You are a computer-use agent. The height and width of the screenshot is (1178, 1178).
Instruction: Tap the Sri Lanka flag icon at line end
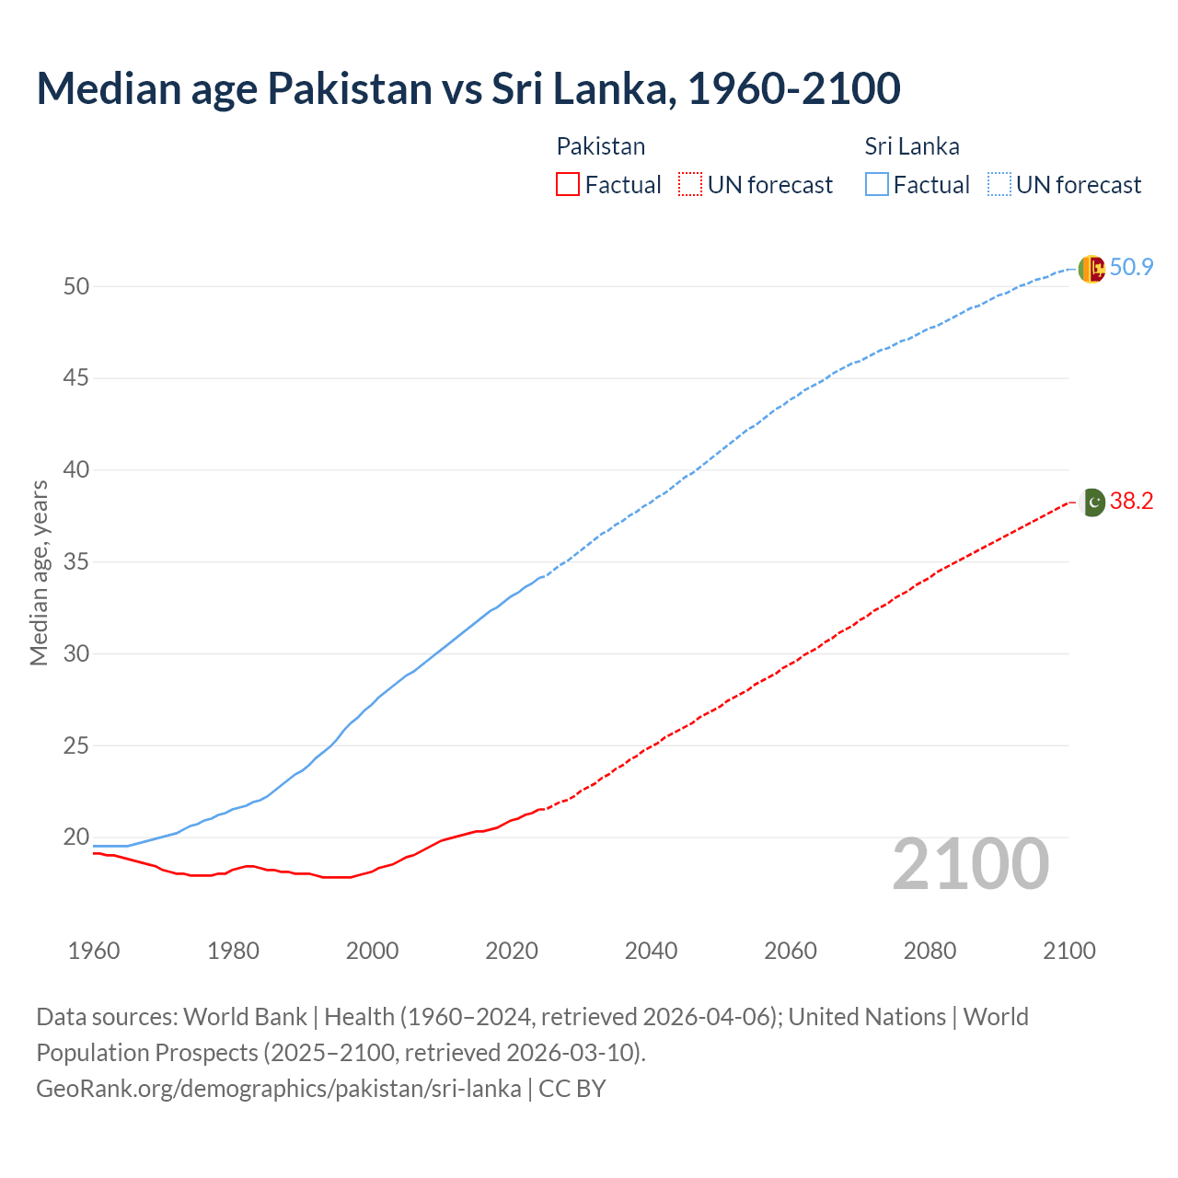1091,269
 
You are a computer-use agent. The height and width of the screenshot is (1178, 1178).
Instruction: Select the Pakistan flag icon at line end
1091,502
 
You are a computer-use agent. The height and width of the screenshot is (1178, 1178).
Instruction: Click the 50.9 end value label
1131,268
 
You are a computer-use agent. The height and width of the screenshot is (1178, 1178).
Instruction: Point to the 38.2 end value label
1131,502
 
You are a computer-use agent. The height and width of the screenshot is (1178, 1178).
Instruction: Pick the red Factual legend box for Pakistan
568,185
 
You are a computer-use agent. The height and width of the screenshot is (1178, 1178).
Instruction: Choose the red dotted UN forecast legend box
690,185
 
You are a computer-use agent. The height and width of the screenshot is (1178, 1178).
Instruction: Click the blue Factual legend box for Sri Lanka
877,185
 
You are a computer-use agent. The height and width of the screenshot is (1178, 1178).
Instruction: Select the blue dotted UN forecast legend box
999,185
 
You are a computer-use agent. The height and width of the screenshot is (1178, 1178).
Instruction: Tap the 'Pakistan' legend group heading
601,146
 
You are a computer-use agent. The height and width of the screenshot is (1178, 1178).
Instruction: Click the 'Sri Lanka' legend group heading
912,146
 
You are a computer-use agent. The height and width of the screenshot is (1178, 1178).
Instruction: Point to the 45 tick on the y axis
76,378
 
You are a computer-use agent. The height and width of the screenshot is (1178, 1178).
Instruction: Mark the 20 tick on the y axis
76,837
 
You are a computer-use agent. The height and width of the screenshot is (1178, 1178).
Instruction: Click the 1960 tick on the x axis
94,951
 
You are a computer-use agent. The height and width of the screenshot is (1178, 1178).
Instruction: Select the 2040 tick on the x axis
651,951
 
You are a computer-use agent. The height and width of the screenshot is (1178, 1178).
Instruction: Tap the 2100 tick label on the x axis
1069,951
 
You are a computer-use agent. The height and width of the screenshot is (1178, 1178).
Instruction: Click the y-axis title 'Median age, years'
39,572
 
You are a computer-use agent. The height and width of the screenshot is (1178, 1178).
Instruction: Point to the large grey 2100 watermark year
971,864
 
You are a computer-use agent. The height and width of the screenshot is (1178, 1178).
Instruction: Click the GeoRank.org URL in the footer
278,1089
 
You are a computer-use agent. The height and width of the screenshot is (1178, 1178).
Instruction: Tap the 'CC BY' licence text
572,1089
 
